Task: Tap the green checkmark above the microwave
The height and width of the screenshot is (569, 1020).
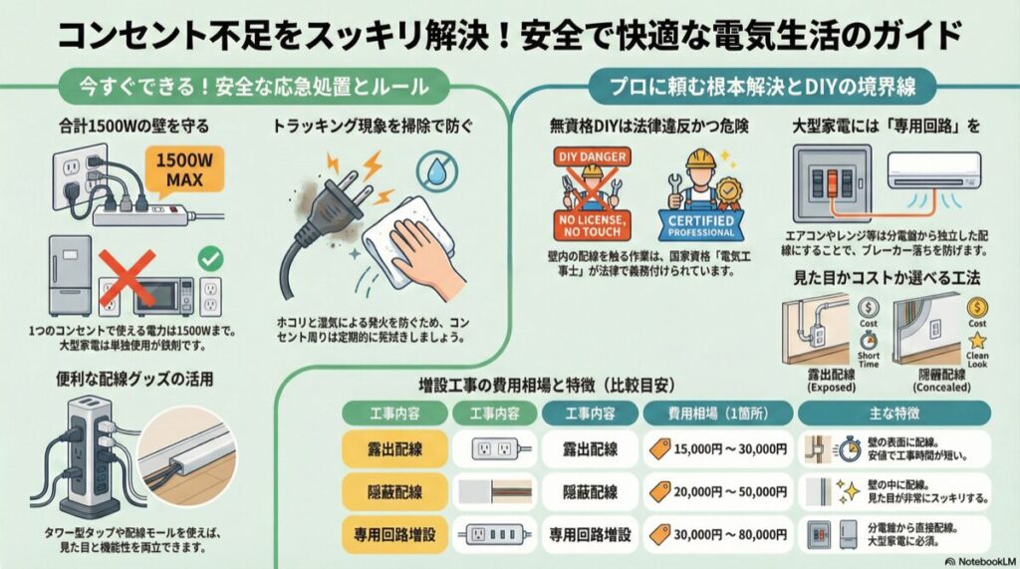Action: coord(210,258)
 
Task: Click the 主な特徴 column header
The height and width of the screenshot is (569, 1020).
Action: coord(893,413)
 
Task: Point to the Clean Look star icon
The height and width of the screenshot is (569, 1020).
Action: coord(976,342)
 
